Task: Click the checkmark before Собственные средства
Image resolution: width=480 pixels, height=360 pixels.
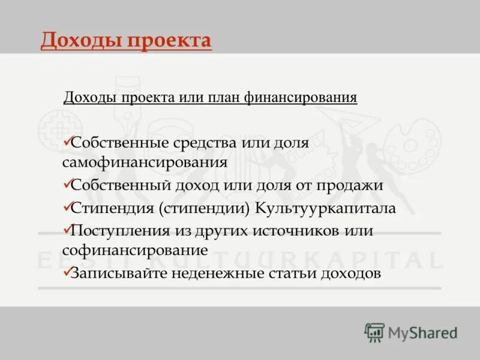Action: [x=66, y=142]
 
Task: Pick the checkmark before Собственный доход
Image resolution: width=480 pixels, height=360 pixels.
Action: [x=66, y=184]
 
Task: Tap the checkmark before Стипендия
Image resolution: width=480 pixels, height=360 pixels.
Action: [x=66, y=208]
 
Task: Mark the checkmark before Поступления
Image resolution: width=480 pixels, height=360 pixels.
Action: [x=66, y=230]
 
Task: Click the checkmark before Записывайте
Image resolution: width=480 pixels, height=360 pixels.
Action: [x=66, y=273]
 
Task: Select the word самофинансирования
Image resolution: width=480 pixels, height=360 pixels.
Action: [x=144, y=162]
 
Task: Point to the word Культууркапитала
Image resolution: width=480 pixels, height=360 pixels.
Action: [x=326, y=208]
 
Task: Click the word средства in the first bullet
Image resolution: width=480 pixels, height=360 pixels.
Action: [x=202, y=143]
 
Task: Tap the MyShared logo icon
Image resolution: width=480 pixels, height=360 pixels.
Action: [x=374, y=332]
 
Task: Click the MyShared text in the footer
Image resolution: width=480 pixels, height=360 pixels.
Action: [x=422, y=332]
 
